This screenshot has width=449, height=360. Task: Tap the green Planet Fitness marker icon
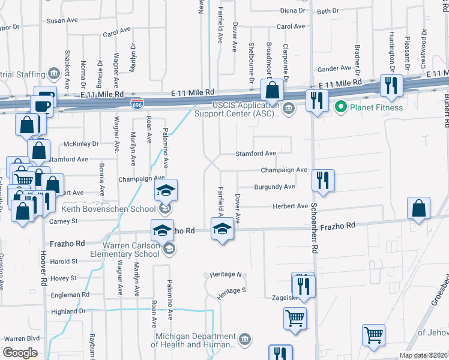click(341, 108)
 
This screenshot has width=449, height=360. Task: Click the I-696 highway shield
click(137, 103)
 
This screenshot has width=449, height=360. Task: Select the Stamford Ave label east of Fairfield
click(255, 154)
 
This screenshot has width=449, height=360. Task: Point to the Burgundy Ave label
click(274, 187)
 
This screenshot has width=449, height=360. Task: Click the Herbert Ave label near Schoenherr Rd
click(290, 206)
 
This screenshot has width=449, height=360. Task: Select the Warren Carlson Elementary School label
click(114, 249)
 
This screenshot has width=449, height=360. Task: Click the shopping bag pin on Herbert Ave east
click(418, 208)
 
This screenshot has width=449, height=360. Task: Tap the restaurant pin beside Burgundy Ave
click(324, 180)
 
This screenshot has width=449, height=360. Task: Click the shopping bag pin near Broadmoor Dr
click(273, 91)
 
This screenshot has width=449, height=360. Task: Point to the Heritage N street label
click(226, 275)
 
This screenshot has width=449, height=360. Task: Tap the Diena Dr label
click(294, 11)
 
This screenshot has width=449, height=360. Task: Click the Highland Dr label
click(69, 311)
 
